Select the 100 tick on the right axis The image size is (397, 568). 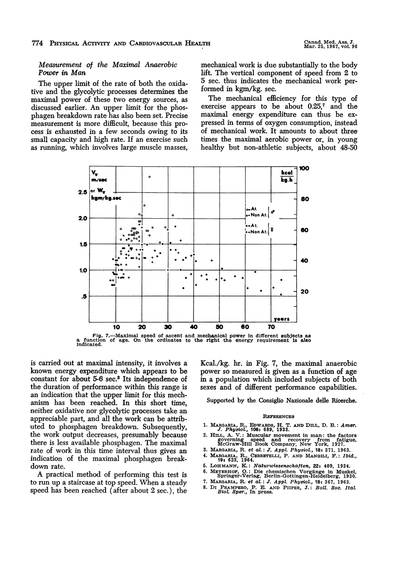click(305, 168)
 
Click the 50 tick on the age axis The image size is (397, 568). click(219, 327)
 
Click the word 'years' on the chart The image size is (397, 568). click(281, 319)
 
